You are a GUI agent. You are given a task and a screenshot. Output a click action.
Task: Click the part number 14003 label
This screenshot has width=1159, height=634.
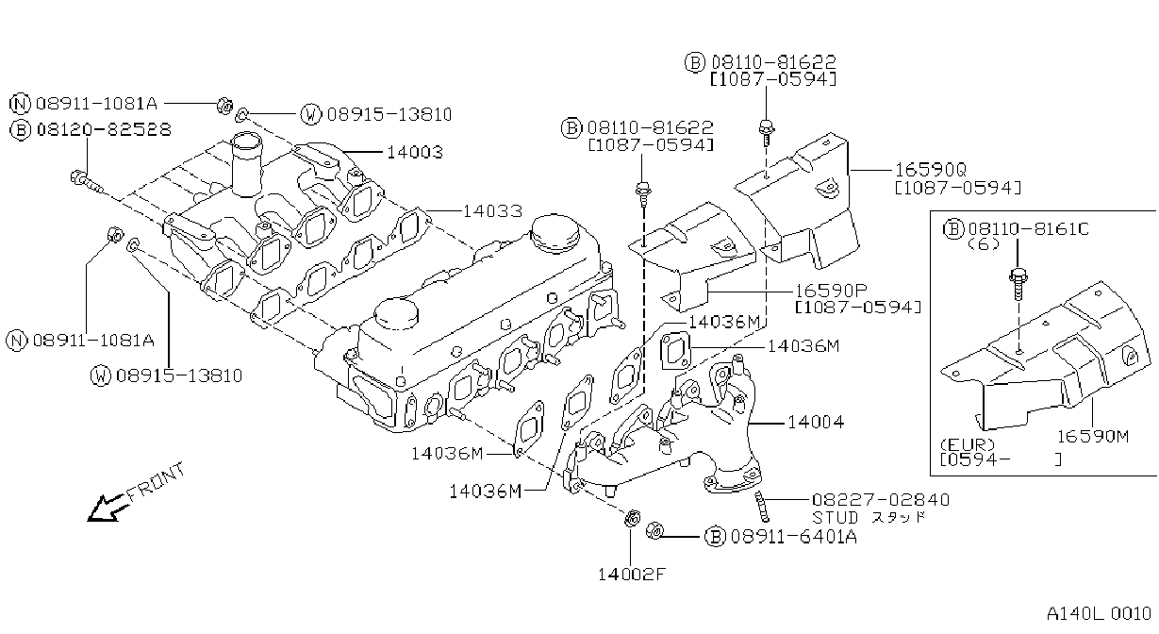(x=415, y=152)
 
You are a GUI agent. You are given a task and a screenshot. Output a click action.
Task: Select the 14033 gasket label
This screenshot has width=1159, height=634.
(x=492, y=211)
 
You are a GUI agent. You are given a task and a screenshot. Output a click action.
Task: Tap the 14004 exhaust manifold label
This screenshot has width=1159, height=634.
(x=816, y=423)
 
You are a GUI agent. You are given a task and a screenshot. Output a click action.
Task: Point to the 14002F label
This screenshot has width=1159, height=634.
(x=631, y=574)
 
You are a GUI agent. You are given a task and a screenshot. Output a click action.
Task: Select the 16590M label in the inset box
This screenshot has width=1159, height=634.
(x=1092, y=436)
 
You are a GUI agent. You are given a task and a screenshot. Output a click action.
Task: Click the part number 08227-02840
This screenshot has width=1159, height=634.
(x=881, y=499)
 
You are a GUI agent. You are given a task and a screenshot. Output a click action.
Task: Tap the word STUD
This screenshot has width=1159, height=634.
(x=836, y=517)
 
